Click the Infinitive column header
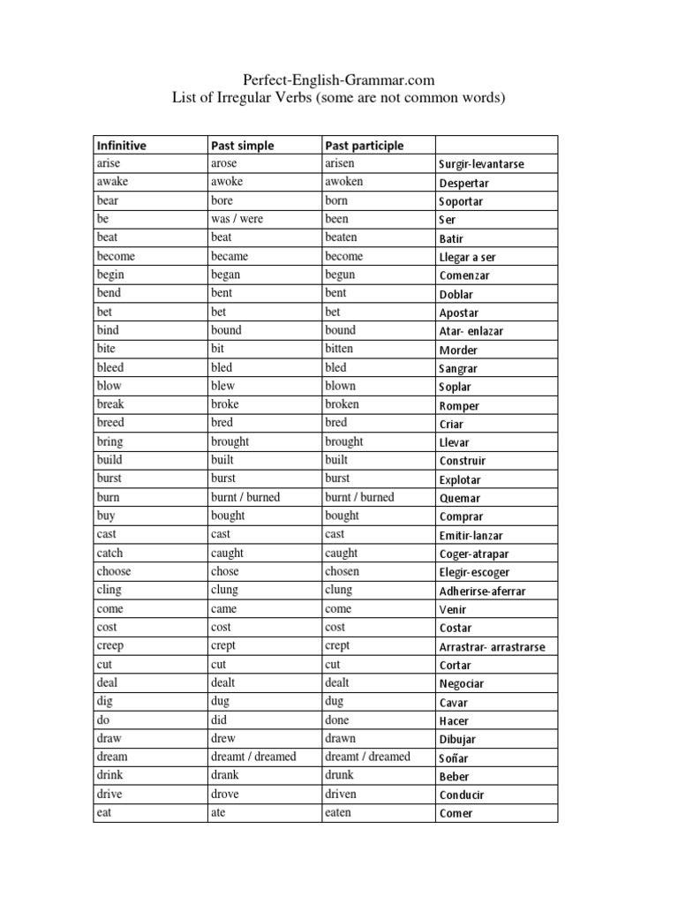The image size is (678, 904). click(122, 145)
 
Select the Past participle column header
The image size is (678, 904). click(365, 145)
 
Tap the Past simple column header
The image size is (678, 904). click(243, 145)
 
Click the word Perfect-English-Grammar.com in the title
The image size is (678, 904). click(339, 80)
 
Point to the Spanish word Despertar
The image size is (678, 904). click(463, 183)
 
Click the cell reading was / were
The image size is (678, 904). click(237, 219)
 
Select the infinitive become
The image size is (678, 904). click(116, 256)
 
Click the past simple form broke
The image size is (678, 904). click(225, 404)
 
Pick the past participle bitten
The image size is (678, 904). click(341, 349)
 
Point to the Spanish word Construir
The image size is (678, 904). click(463, 461)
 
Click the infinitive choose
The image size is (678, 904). click(114, 571)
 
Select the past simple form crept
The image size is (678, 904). click(224, 645)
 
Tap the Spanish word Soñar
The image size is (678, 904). click(454, 757)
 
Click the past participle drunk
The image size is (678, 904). click(340, 775)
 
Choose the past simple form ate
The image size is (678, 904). click(219, 812)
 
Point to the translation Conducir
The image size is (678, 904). click(462, 795)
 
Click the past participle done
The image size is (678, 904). click(338, 719)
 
